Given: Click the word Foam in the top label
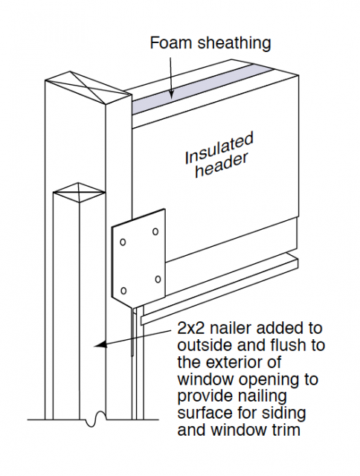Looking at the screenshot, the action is (x=172, y=43).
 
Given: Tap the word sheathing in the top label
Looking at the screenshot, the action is (x=234, y=43).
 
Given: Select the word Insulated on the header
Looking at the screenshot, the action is (x=219, y=148).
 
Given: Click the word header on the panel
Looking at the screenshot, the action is (x=222, y=165).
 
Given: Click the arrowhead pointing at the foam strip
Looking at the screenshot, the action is (x=172, y=94).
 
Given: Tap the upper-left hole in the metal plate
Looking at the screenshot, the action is (x=123, y=242).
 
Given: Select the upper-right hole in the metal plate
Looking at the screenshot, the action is (x=155, y=231).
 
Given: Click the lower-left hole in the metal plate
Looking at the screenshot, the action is (x=123, y=291).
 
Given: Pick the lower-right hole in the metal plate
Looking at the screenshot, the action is (x=158, y=280).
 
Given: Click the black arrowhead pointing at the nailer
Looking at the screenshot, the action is (x=100, y=344).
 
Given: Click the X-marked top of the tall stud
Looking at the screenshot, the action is (x=89, y=88).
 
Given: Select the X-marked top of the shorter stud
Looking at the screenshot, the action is (x=79, y=192).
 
